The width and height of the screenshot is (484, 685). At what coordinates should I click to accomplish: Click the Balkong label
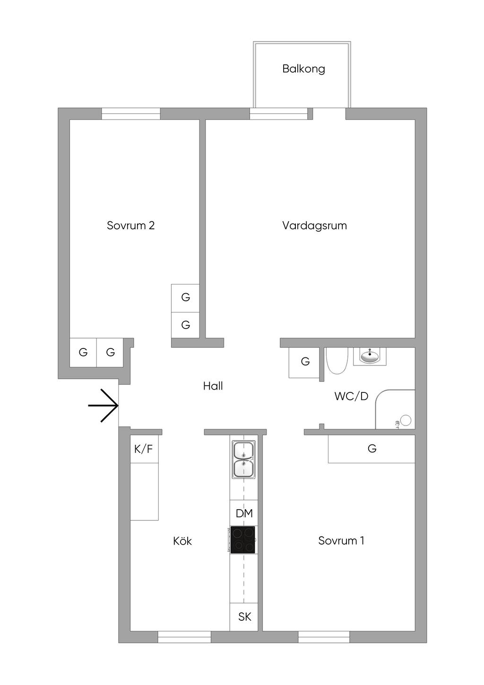coord(303,69)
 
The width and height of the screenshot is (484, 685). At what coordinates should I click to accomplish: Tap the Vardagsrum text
coord(314,225)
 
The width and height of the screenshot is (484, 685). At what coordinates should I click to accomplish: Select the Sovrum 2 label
coord(130,225)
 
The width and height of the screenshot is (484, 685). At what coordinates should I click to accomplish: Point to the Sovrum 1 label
coord(341,541)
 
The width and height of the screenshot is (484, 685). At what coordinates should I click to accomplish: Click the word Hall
coord(213,386)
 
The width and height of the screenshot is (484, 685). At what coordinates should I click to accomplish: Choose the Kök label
coord(182,541)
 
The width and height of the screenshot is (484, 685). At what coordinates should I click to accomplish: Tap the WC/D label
coord(351,397)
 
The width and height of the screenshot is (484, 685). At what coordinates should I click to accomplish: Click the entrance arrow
coord(104,406)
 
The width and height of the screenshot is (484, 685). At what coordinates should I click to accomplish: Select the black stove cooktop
coord(243,540)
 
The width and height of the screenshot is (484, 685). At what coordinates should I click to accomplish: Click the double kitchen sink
coord(243,459)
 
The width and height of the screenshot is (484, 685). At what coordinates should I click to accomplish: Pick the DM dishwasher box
coord(244,513)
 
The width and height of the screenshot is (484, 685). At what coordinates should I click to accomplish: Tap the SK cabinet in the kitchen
coord(244,617)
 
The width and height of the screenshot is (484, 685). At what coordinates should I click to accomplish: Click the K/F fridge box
coord(144,449)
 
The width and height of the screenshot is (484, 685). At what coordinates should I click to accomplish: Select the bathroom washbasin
coord(369,356)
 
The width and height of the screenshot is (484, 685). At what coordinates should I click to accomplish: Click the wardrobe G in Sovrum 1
coord(372,449)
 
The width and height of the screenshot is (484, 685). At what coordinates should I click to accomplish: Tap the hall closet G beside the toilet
coord(305,362)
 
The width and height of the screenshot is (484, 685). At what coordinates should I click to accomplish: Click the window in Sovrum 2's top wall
coord(131,113)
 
